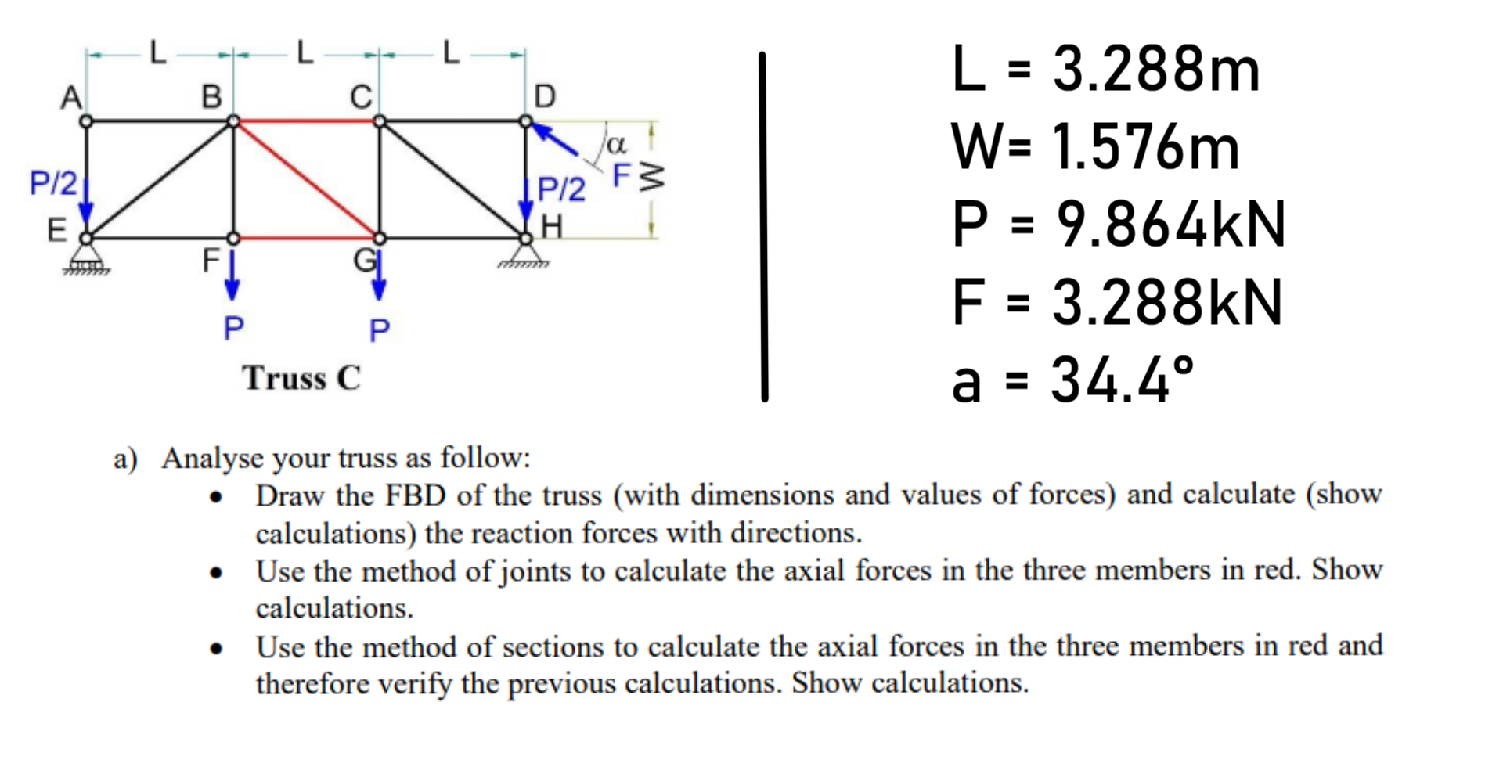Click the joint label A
click(71, 97)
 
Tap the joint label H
click(552, 227)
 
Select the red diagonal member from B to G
click(306, 179)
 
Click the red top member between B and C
click(306, 121)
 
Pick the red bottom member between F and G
click(306, 237)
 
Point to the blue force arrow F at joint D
click(557, 140)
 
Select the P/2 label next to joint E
click(52, 183)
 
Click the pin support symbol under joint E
click(87, 259)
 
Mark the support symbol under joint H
click(525, 257)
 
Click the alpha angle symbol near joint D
click(617, 144)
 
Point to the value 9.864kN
click(1170, 225)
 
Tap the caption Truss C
click(301, 378)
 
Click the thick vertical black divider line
click(764, 227)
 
